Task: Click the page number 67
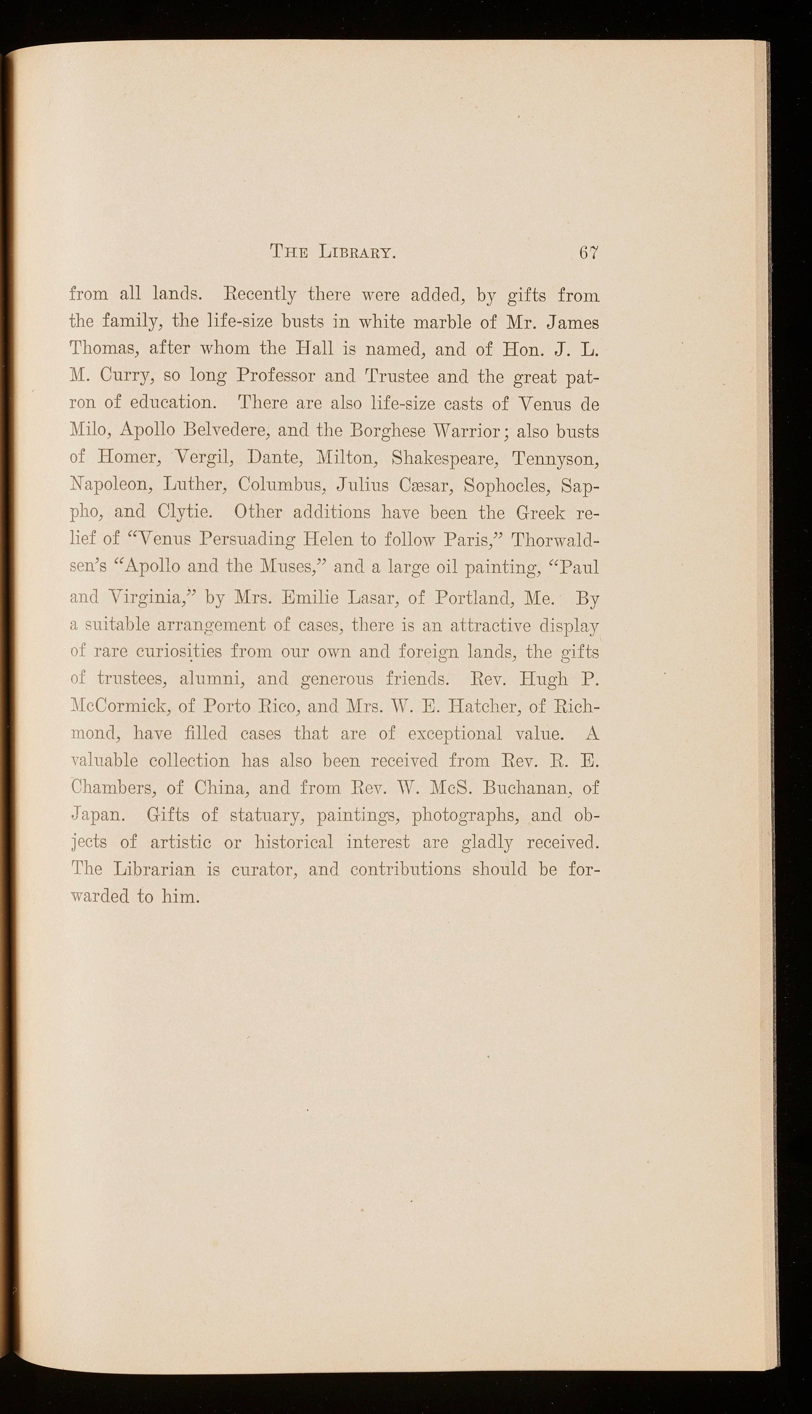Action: tap(588, 253)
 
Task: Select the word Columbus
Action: tap(281, 484)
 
